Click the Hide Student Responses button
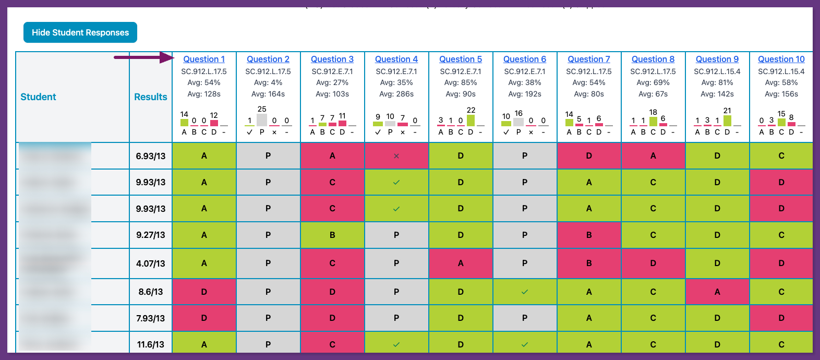click(80, 32)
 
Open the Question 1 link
click(204, 59)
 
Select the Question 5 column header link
click(461, 59)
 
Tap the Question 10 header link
click(781, 59)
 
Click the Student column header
click(38, 97)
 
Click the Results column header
click(151, 97)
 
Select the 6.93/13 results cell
click(151, 156)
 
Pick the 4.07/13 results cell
click(151, 263)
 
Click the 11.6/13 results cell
click(151, 344)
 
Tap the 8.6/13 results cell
click(151, 292)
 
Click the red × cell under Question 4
click(396, 156)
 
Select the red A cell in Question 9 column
click(717, 292)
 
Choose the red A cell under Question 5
click(461, 263)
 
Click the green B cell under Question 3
click(332, 235)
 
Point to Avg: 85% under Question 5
click(461, 82)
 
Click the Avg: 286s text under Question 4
click(396, 94)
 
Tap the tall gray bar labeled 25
click(262, 119)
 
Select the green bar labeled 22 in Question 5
click(471, 120)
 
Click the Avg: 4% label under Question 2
click(268, 82)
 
